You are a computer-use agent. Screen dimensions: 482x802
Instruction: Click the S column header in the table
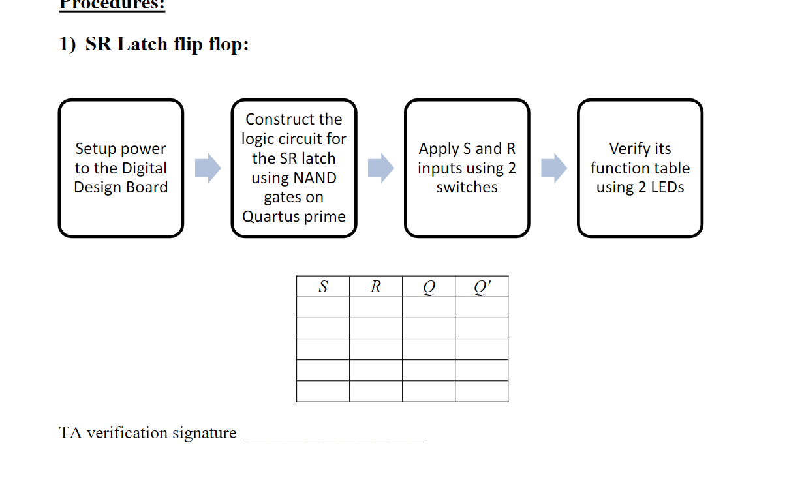tap(323, 286)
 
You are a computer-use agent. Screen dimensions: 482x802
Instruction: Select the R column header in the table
tap(375, 286)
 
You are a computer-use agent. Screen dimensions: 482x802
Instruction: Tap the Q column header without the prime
tap(428, 286)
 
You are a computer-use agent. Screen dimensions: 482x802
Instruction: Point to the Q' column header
tap(482, 286)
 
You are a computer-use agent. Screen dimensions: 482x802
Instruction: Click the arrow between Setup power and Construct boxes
tap(208, 168)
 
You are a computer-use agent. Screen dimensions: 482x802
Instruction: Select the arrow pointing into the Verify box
tap(554, 168)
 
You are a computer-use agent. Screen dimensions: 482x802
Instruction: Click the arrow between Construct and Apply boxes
tap(380, 168)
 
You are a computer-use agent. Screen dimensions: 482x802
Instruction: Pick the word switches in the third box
tap(467, 187)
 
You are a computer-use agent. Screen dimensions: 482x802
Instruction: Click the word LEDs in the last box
tap(666, 187)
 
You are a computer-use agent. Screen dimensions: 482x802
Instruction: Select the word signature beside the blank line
tap(204, 433)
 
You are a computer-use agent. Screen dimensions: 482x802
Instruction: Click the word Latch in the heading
tap(142, 45)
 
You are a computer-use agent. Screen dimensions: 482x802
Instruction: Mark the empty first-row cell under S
tap(323, 307)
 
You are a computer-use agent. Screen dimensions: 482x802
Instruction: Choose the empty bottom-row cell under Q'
tap(482, 391)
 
